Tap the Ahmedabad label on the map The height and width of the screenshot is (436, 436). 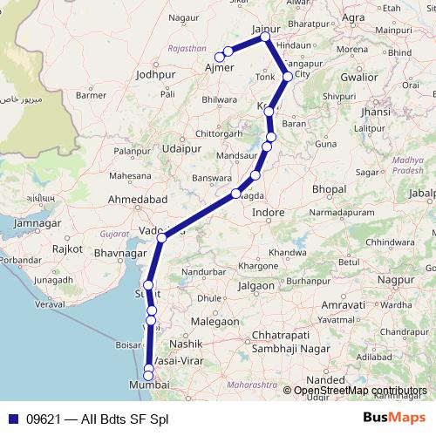pos(138,201)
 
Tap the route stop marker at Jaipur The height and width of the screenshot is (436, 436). pos(264,37)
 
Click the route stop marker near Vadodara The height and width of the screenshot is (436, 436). pos(161,237)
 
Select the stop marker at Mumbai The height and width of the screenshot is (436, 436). pos(148,374)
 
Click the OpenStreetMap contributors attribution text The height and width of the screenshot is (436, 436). pos(360,391)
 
